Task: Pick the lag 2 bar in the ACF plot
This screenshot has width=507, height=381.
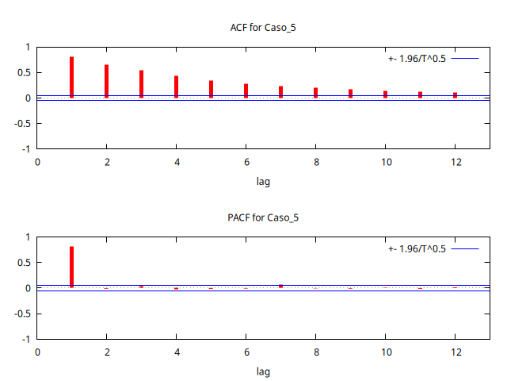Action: [x=106, y=81]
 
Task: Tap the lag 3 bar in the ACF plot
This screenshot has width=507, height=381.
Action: [x=141, y=84]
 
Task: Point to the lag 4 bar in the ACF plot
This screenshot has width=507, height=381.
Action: [x=176, y=87]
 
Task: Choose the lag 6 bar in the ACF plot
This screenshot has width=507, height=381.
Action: [x=246, y=90]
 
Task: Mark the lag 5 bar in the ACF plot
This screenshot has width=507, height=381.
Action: [x=211, y=89]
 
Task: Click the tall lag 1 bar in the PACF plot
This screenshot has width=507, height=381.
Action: [x=71, y=267]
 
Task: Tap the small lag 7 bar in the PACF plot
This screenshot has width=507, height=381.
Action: [x=280, y=286]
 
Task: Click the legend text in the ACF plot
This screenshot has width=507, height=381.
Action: [x=417, y=59]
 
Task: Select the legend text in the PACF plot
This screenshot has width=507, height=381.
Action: [x=417, y=248]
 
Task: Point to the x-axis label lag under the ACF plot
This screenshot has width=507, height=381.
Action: [x=263, y=182]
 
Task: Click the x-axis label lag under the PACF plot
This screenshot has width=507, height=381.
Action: [x=263, y=371]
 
